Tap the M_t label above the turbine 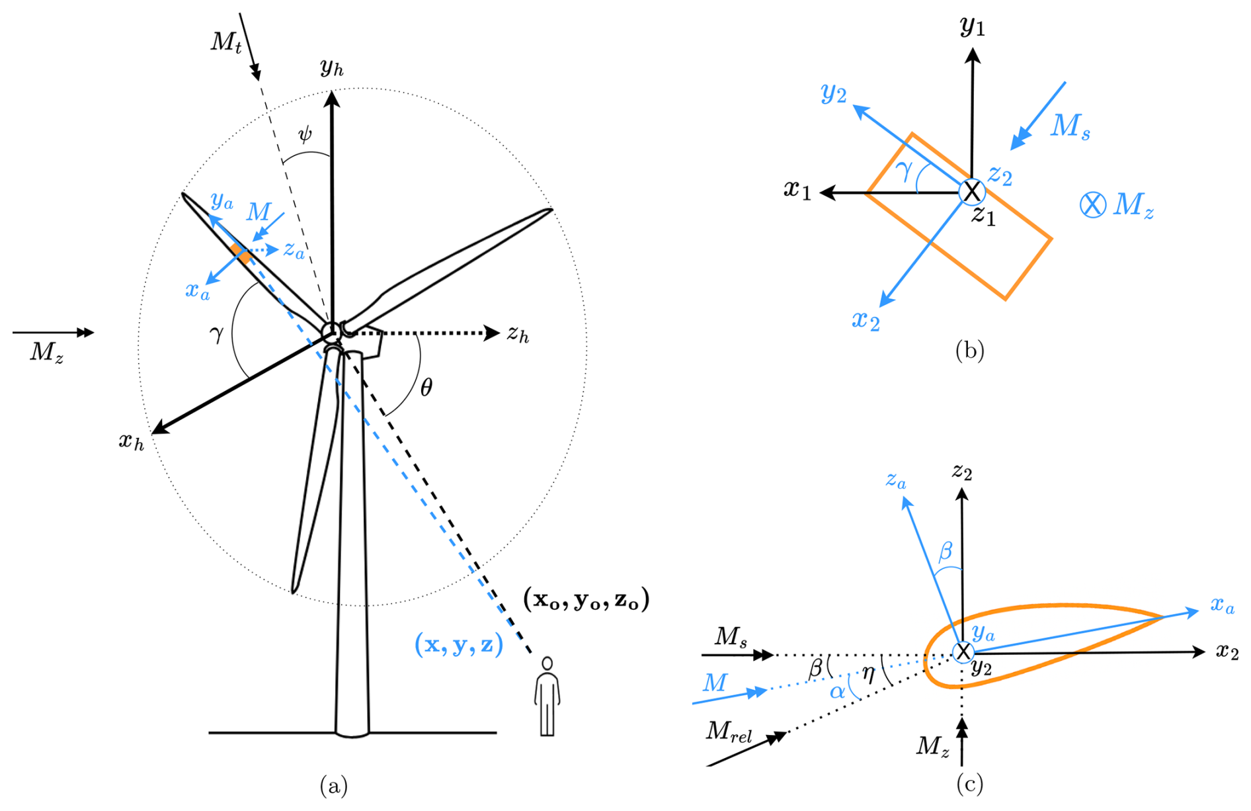(227, 42)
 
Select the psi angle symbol (304, 135)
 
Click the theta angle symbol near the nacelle (426, 388)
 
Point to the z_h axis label (518, 335)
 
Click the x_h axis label (131, 441)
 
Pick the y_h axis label (331, 67)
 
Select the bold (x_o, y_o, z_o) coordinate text (586, 599)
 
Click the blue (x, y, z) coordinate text (459, 644)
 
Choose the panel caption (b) (969, 350)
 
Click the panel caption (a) (333, 786)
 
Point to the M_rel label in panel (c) (729, 732)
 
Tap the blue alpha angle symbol (837, 692)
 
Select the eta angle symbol (868, 674)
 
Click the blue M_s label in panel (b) (1070, 126)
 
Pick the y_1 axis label (972, 26)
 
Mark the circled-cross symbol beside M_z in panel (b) (1092, 204)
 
